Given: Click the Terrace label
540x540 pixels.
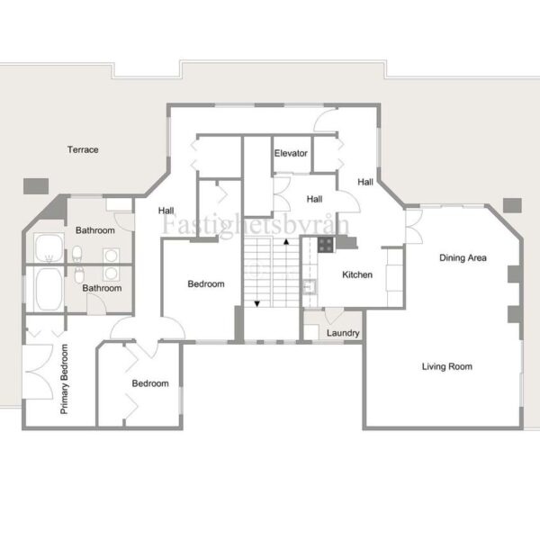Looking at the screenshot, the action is (83, 149).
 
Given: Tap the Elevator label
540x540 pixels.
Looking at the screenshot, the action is (291, 153).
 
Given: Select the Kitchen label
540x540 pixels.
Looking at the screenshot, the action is (357, 274).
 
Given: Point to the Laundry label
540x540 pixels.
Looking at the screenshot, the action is (343, 333).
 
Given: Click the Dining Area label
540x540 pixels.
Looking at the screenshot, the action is (463, 258).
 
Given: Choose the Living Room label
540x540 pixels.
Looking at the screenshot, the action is (447, 366).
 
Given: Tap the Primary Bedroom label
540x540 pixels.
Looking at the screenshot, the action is (65, 379).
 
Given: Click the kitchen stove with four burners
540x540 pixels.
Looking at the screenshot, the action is (326, 245).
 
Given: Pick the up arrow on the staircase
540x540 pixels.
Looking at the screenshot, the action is (286, 242).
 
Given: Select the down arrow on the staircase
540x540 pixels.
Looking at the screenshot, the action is (256, 304).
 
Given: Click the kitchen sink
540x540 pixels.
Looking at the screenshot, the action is (310, 286).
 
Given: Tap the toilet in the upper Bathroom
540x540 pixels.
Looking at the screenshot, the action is (76, 254).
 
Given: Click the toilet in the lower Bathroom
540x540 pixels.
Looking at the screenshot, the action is (79, 275).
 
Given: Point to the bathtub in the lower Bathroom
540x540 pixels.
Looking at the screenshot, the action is (49, 289).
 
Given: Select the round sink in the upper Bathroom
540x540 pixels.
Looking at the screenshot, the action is (111, 256).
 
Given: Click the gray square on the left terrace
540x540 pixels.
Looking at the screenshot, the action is (36, 186).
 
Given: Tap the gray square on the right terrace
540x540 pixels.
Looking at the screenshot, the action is (512, 205).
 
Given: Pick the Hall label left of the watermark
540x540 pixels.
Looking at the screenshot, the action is (166, 211).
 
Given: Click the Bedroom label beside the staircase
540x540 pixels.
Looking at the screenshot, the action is (206, 284).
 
